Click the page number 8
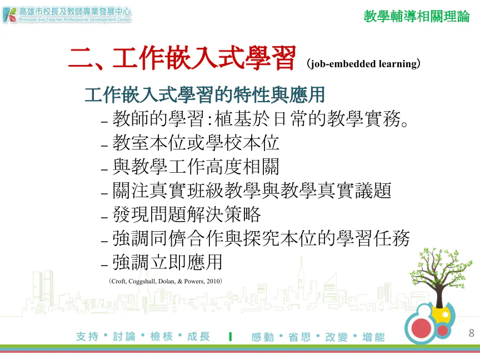471,333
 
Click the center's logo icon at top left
9,15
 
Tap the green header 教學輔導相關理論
416,16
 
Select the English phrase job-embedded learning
364,64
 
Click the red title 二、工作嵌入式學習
182,58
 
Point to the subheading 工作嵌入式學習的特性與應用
205,95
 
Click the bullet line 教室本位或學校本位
196,143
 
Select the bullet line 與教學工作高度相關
196,167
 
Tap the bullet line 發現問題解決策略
187,214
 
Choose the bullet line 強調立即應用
167,262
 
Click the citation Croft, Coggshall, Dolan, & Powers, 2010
166,281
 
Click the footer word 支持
87,337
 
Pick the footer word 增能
373,337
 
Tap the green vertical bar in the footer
230,337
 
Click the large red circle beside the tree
421,328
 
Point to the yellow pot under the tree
441,314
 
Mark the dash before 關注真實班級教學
104,194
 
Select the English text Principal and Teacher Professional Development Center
74,19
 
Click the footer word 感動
263,337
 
